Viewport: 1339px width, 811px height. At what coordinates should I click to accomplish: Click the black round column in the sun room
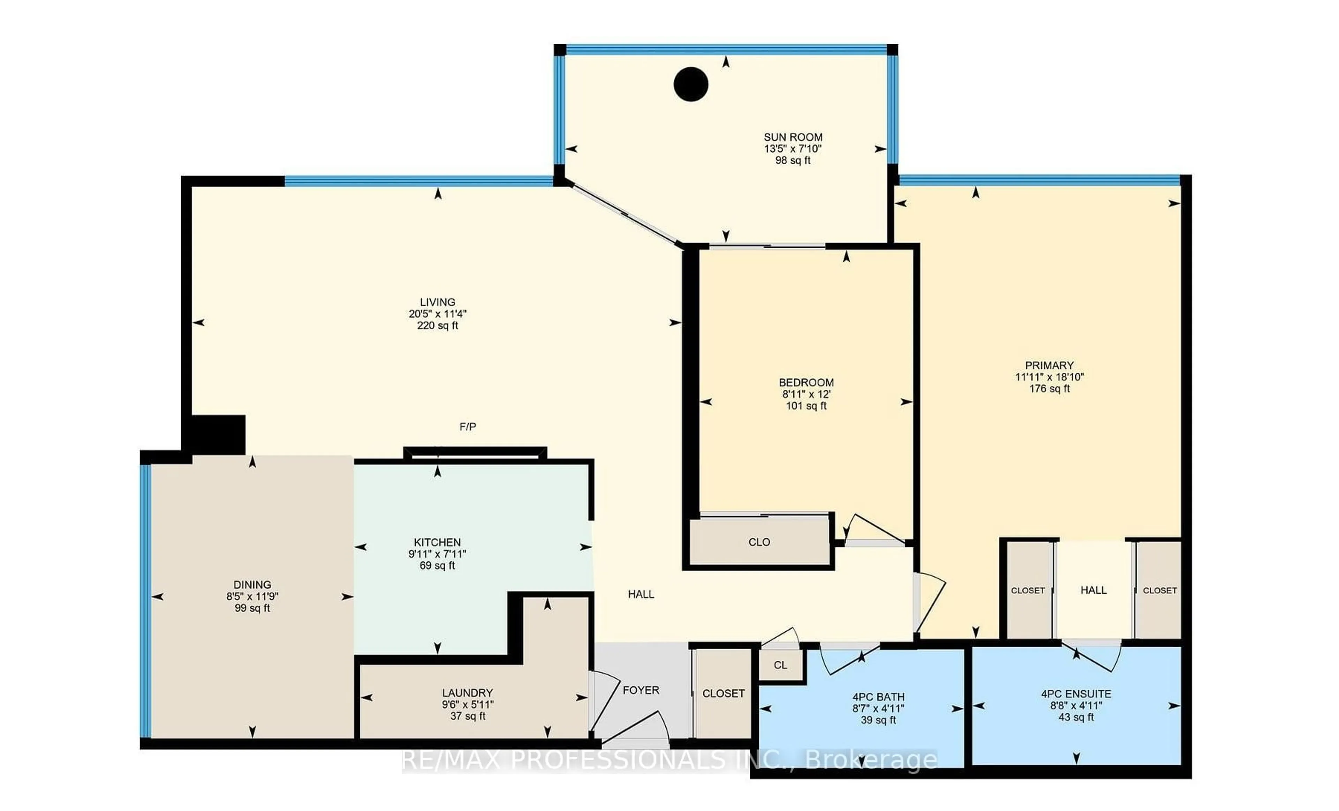(x=691, y=84)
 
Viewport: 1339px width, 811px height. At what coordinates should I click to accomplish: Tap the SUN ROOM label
(x=793, y=137)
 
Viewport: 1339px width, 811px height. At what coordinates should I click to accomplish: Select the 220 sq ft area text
(x=438, y=325)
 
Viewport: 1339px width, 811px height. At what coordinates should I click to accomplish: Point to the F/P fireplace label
(x=467, y=427)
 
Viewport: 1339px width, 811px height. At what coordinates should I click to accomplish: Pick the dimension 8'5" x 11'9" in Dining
(x=252, y=596)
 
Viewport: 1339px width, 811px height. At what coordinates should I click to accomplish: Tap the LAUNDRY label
(x=467, y=692)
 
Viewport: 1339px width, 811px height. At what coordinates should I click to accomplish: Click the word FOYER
(x=641, y=690)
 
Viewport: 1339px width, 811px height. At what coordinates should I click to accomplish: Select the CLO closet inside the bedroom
(x=759, y=542)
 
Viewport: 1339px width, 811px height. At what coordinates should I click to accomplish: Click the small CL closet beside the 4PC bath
(x=780, y=665)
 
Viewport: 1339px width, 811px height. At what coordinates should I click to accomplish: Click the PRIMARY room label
(x=1049, y=365)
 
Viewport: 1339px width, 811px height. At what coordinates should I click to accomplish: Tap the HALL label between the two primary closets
(x=1094, y=590)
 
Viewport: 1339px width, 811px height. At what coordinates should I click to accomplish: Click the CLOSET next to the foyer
(x=723, y=693)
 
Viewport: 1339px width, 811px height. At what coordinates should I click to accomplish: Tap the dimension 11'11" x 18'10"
(x=1049, y=377)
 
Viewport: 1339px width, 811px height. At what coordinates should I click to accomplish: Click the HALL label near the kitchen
(x=641, y=594)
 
